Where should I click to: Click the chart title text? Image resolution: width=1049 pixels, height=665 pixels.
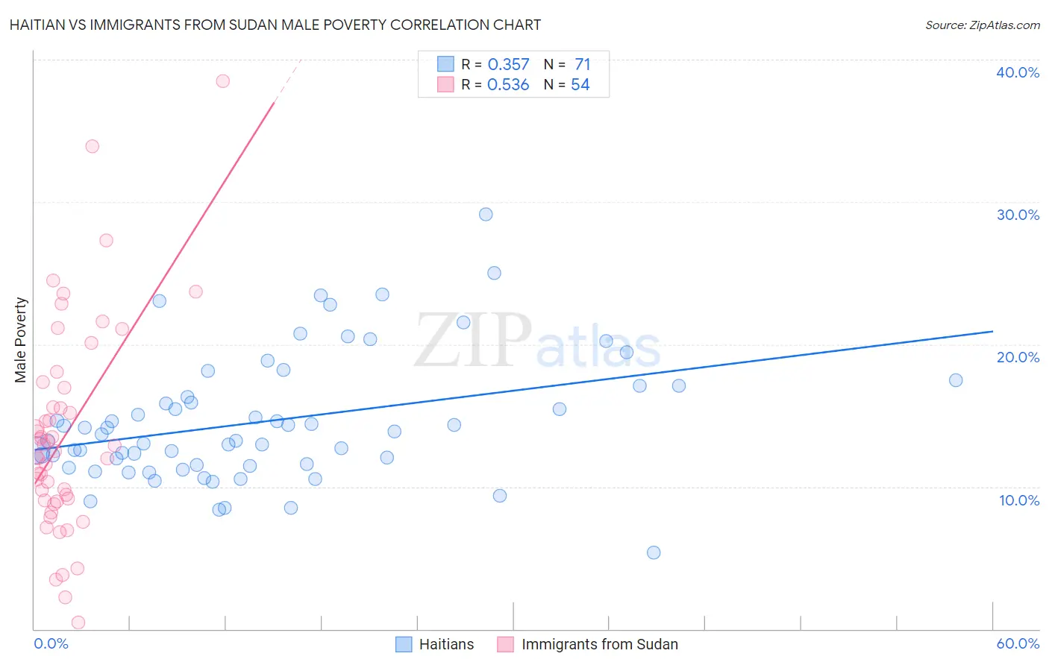(275, 25)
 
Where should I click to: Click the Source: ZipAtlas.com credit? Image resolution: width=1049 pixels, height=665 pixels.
(982, 25)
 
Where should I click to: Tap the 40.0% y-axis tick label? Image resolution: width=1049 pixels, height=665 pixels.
(1018, 72)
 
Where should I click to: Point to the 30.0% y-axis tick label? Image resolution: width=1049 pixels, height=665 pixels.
(1018, 215)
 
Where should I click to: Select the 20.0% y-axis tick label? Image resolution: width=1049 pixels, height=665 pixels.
(1018, 357)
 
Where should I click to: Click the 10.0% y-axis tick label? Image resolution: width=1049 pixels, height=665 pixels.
(1019, 500)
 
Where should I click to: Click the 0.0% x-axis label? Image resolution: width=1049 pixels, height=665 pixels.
(51, 643)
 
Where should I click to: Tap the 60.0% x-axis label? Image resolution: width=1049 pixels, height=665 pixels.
(1018, 643)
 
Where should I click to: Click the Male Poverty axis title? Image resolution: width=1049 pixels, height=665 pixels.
(21, 340)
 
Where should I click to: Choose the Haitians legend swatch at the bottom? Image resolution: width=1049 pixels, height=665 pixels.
(404, 644)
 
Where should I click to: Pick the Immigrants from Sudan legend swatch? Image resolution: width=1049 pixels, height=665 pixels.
(506, 644)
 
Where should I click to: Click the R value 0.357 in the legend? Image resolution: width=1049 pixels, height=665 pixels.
(508, 65)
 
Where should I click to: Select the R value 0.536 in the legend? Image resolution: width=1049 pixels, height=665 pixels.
(508, 85)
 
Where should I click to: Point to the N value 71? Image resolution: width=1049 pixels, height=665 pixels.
(582, 65)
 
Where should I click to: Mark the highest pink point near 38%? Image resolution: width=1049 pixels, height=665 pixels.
(222, 81)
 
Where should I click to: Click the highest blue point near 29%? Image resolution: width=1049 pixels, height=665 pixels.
(486, 215)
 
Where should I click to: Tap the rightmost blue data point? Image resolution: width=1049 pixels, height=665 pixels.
(956, 380)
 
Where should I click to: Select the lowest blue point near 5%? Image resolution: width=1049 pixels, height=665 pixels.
(654, 552)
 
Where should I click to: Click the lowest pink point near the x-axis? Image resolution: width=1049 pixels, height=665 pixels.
(78, 623)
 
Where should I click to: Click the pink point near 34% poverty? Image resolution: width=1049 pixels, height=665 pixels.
(93, 146)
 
